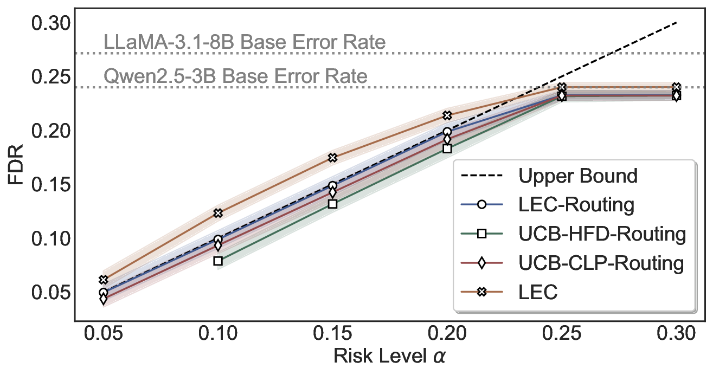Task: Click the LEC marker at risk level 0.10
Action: (x=218, y=213)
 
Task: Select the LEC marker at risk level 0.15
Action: (x=332, y=158)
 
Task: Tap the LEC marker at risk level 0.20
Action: (x=447, y=115)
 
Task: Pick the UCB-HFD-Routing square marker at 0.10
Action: (x=218, y=261)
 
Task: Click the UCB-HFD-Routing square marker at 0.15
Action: (x=332, y=204)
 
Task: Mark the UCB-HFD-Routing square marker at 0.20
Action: (x=447, y=148)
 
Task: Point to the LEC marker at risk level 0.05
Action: (x=104, y=280)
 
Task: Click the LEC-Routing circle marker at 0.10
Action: (x=218, y=240)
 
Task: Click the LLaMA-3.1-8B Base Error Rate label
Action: (x=245, y=42)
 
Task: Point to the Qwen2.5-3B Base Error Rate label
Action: (x=235, y=76)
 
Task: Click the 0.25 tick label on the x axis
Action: (x=562, y=333)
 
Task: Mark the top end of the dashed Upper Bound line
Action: (x=676, y=23)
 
